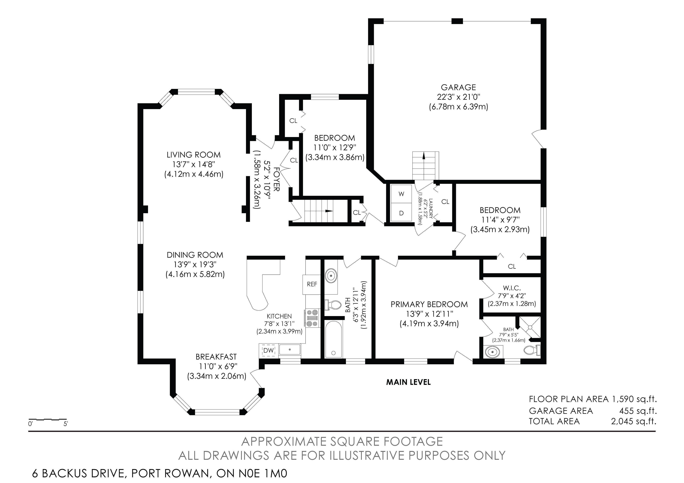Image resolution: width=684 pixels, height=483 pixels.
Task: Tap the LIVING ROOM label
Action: [194, 155]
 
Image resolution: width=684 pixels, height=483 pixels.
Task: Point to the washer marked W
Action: [401, 194]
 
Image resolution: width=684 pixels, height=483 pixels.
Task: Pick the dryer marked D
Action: [401, 213]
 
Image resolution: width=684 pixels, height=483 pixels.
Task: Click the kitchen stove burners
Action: [312, 318]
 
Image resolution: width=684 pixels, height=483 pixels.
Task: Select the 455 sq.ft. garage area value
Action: [638, 411]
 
